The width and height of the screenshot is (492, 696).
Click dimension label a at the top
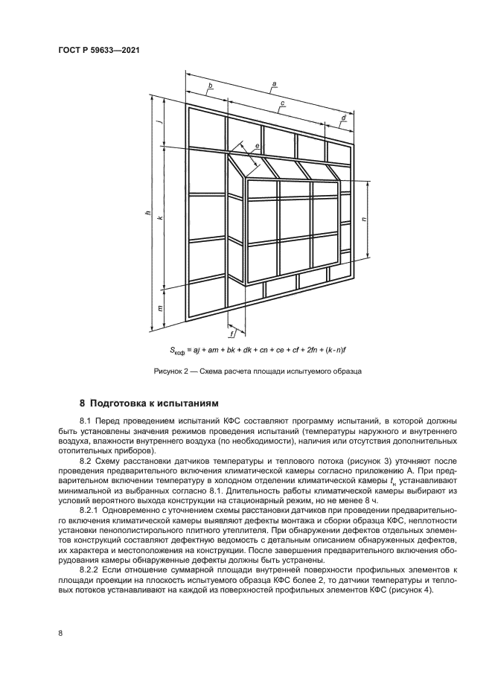point(275,83)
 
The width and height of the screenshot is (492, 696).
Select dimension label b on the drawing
point(210,86)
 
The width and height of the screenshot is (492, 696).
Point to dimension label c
point(283,103)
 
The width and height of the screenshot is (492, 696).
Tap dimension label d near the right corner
point(343,118)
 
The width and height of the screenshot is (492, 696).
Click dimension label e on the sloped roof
point(256,147)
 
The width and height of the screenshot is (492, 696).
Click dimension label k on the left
point(159,217)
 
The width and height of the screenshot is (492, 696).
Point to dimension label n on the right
point(362,220)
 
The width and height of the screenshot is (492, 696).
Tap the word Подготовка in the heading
point(119,404)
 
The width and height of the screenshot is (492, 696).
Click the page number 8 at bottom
point(60,633)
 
